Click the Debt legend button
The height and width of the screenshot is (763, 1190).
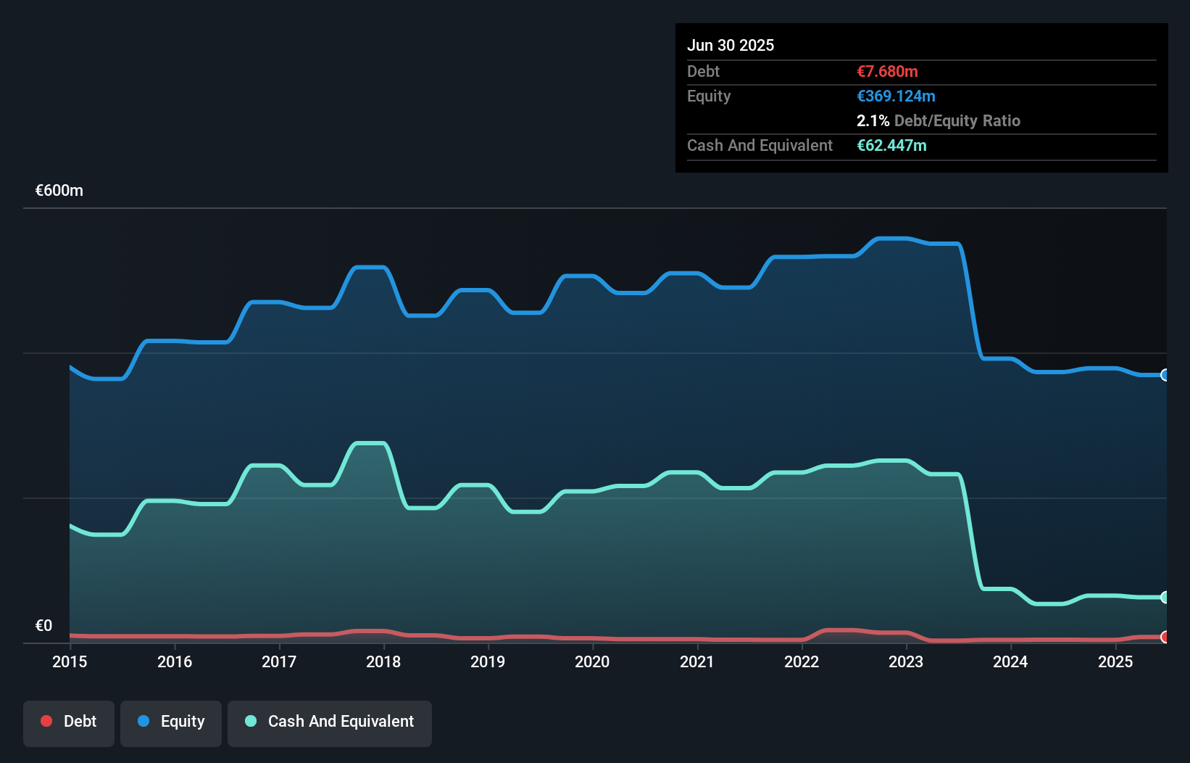point(69,722)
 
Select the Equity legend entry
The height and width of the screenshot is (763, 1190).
point(171,722)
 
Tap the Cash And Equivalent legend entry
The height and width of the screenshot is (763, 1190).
point(330,722)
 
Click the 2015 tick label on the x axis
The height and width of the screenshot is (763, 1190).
point(70,662)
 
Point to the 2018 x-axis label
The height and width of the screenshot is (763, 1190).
point(383,662)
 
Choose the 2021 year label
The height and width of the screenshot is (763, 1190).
point(697,662)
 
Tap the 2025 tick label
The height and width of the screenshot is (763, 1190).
point(1115,662)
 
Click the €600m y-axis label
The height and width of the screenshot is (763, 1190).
point(59,191)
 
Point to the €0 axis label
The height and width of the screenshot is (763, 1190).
point(43,626)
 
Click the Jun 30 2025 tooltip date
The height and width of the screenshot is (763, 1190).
point(731,46)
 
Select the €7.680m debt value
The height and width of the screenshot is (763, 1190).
point(887,72)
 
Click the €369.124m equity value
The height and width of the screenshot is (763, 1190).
point(896,96)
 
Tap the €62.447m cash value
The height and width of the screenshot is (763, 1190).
point(891,146)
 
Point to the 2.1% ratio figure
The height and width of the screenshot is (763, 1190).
point(873,121)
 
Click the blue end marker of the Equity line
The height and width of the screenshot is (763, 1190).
point(1165,375)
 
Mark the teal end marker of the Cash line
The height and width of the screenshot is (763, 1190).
point(1165,598)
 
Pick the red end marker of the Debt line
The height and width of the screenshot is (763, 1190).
point(1165,637)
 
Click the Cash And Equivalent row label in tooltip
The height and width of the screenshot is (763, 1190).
point(760,146)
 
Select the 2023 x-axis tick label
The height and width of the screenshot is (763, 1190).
point(906,662)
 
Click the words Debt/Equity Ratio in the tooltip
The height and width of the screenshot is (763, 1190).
point(957,121)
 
